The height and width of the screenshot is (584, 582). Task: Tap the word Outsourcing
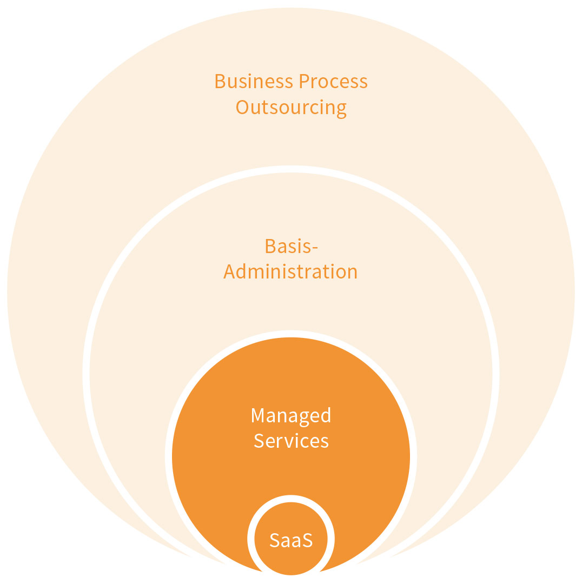(x=291, y=108)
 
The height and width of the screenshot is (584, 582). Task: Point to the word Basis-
(x=291, y=246)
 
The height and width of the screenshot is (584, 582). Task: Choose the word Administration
(x=291, y=271)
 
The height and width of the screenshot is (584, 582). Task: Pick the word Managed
(x=291, y=416)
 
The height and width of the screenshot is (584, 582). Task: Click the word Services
(x=291, y=441)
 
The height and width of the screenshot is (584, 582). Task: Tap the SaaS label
(x=291, y=540)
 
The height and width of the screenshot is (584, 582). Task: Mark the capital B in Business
(x=220, y=82)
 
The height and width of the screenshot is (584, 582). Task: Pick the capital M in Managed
(x=257, y=415)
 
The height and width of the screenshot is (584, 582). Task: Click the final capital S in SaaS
(x=307, y=540)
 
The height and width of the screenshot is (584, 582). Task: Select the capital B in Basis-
(x=270, y=246)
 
